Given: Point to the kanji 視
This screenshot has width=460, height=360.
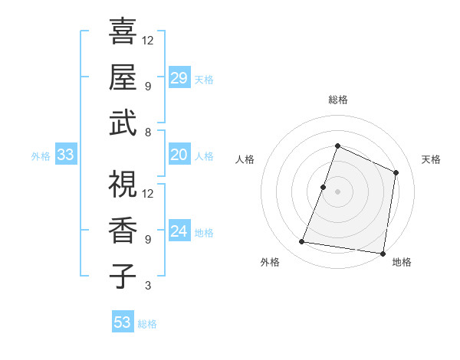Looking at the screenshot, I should point(123,184).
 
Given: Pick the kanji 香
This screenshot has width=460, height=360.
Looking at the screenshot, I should point(123,229).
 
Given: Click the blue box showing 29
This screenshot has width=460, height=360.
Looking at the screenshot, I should point(179,77).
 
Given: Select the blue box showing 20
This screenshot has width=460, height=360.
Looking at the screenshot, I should point(179,155).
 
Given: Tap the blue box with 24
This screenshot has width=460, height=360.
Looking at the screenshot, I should point(179,231).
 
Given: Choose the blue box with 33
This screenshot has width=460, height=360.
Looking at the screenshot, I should point(65,155).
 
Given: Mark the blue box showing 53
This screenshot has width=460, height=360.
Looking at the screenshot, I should point(123,322).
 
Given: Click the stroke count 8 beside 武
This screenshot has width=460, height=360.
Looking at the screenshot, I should point(147,132).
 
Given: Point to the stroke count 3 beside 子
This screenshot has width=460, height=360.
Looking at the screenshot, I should point(147,286).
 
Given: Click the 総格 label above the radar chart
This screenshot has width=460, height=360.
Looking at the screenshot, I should point(338,100).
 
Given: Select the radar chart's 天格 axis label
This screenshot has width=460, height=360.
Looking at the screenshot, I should point(431,159).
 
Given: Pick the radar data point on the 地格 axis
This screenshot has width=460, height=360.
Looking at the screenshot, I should point(383,253).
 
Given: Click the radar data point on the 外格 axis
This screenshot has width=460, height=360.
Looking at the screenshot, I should point(302,242).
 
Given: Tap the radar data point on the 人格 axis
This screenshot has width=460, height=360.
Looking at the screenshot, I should point(324,187).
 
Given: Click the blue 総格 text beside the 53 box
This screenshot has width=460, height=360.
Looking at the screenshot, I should point(147,324).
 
